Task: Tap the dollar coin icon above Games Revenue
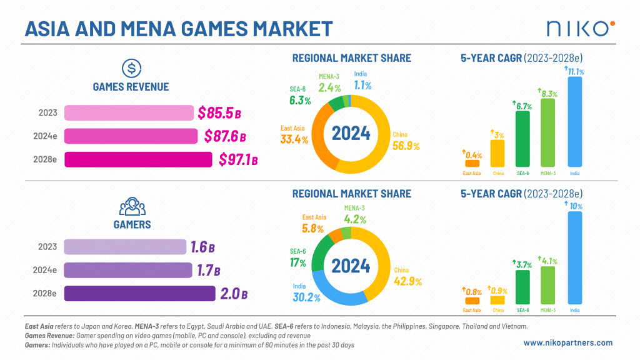tap(131, 67)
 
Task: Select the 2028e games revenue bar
tap(138, 160)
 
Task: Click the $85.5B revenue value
tap(219, 113)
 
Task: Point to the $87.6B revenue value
tap(225, 136)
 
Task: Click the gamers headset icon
tap(131, 206)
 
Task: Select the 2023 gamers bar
tap(125, 247)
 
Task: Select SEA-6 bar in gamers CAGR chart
tap(522, 287)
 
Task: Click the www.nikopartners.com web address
tap(567, 342)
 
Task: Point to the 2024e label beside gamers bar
tap(47, 271)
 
